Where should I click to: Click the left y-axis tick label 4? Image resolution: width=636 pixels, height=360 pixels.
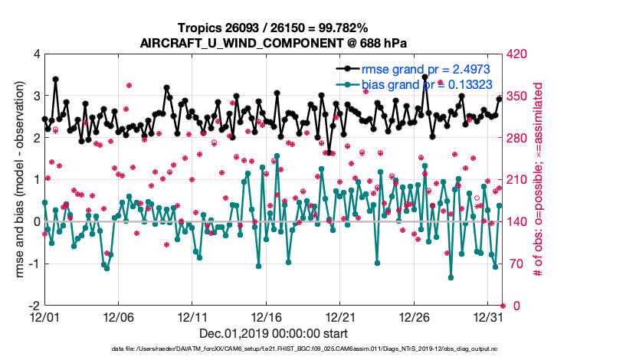[x=36, y=54]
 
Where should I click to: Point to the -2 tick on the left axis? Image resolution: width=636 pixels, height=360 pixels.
[x=34, y=306]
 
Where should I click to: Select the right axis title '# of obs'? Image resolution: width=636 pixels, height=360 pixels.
[x=538, y=180]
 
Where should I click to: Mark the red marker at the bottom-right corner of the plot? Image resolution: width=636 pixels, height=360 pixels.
[x=503, y=306]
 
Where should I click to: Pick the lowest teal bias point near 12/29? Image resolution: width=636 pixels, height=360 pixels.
[x=451, y=277]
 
